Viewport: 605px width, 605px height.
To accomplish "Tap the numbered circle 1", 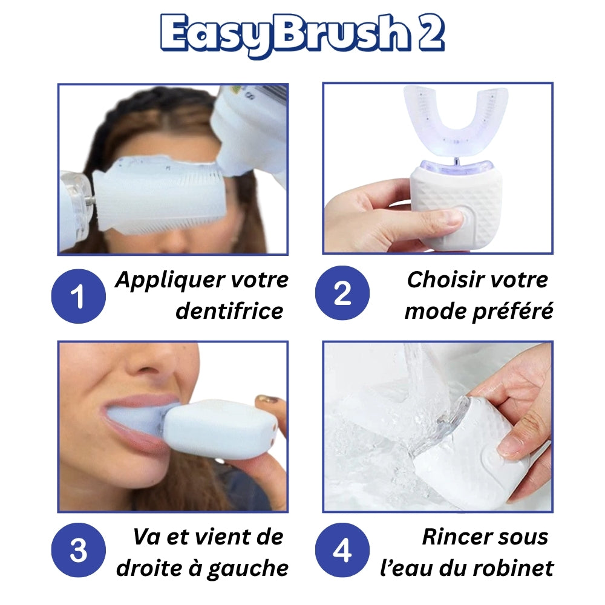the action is pos(78,296).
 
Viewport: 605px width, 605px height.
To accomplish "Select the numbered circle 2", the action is pos(342,293).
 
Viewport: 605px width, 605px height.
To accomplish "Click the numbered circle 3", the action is pos(78,550).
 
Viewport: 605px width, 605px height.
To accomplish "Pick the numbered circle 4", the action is pos(342,550).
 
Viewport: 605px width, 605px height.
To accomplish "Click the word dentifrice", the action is pos(229,311).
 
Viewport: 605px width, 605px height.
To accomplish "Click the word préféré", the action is pos(513,312).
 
